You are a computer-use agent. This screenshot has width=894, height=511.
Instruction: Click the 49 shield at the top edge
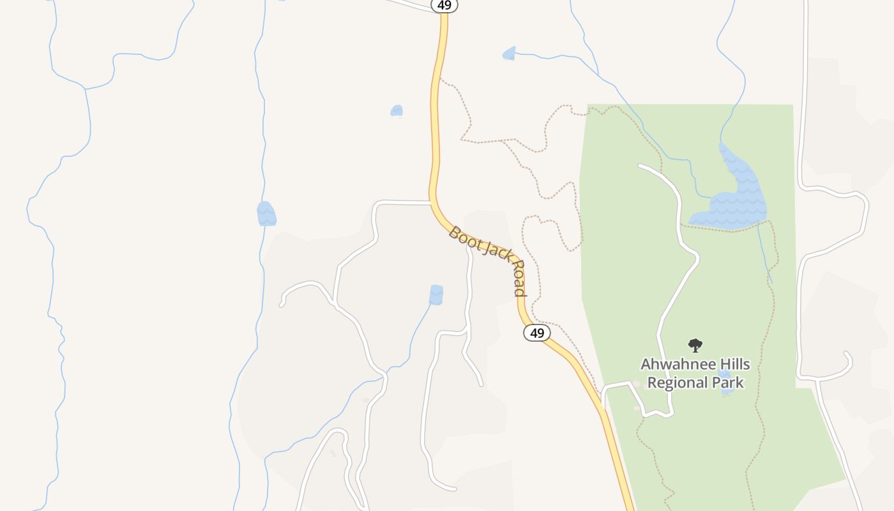[x=444, y=5]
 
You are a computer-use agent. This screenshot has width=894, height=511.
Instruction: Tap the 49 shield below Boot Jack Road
[x=537, y=333]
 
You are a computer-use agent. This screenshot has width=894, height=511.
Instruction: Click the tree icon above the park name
[x=695, y=346]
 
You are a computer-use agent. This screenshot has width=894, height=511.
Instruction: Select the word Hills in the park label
[x=732, y=365]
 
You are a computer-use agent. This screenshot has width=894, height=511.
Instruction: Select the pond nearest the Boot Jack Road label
[x=436, y=294]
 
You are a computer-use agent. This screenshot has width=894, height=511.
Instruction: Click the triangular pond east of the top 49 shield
[x=509, y=54]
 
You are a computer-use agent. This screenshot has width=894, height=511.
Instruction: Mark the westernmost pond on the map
[x=266, y=214]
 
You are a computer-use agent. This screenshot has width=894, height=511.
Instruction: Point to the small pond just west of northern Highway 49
[x=397, y=111]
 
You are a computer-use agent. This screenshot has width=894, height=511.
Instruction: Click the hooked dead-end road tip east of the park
[x=846, y=353]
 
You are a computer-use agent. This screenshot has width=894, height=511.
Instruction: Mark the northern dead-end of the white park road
[x=640, y=166]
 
